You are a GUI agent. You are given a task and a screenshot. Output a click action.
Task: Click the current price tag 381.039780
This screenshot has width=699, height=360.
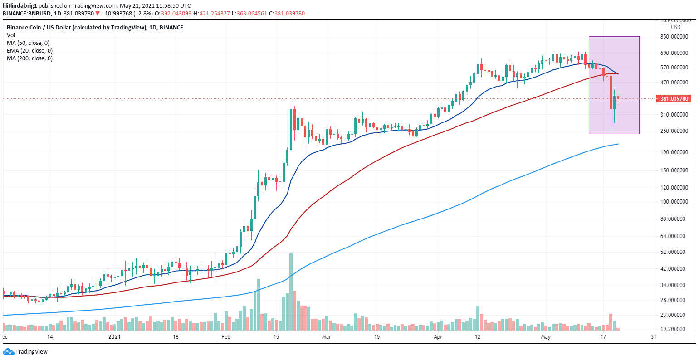click(x=675, y=99)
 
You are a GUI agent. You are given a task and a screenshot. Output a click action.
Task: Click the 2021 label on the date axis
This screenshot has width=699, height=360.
click(x=115, y=337)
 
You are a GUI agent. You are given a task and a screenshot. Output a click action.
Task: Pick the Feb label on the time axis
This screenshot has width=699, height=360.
click(x=226, y=337)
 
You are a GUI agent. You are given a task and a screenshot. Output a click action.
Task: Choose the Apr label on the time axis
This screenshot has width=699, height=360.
click(x=438, y=337)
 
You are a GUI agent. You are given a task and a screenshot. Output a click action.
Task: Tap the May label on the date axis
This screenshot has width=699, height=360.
click(x=546, y=337)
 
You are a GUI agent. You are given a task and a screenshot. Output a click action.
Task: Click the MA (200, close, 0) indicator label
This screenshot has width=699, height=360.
click(x=29, y=58)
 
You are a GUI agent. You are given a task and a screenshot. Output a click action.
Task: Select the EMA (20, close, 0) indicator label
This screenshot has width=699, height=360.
click(x=29, y=51)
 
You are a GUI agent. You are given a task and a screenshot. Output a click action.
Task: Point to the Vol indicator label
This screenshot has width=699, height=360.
click(x=11, y=35)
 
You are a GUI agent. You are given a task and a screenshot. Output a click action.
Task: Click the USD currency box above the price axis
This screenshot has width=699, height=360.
click(x=675, y=27)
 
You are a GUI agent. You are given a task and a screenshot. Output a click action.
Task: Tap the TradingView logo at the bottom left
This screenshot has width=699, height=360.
click(x=25, y=351)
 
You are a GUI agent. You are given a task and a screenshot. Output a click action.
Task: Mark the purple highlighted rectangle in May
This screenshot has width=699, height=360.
click(x=614, y=85)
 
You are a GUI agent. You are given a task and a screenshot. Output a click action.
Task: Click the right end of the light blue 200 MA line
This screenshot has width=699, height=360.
click(x=618, y=144)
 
